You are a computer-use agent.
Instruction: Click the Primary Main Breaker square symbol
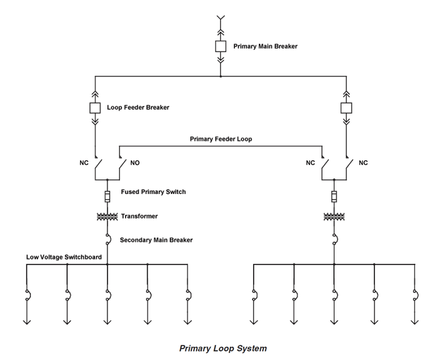[220, 46]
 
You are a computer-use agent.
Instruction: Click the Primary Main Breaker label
[265, 46]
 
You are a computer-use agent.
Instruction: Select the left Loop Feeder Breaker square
[95, 107]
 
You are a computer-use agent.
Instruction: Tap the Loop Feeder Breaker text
[138, 107]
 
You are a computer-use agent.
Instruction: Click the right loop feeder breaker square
[345, 107]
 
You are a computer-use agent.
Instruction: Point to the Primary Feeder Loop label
[221, 139]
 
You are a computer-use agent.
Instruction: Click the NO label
[135, 163]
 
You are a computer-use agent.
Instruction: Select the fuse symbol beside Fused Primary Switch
[107, 196]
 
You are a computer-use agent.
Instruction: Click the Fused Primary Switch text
[153, 192]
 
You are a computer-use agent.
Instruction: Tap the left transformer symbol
[107, 217]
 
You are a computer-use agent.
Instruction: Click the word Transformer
[140, 216]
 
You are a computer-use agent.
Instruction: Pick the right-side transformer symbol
[334, 217]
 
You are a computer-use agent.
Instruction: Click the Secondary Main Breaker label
[156, 240]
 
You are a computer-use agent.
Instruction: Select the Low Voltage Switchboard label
[64, 257]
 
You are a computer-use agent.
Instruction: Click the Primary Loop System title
[223, 348]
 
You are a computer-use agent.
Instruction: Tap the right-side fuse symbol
[334, 196]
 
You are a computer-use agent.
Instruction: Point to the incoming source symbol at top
[220, 18]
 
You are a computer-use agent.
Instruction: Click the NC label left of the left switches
[84, 163]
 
